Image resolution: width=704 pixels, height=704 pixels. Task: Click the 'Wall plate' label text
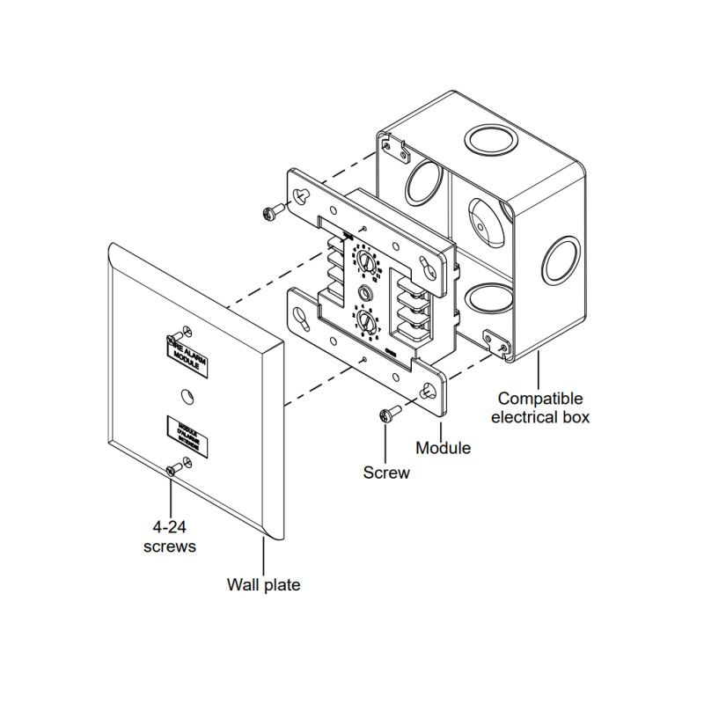[x=263, y=584]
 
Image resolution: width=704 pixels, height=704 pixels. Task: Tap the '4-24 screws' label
[x=169, y=536]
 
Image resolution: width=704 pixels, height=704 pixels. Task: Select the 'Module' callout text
[x=443, y=448]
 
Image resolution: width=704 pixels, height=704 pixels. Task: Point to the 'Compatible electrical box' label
[x=540, y=407]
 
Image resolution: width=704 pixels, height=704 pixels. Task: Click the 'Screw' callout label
[x=386, y=473]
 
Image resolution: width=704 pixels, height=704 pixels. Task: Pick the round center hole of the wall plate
[x=186, y=396]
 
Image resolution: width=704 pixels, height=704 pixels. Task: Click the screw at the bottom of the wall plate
[x=176, y=470]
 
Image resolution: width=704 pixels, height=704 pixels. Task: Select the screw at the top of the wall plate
[x=182, y=334]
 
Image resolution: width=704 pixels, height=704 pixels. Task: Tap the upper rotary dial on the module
[x=364, y=261]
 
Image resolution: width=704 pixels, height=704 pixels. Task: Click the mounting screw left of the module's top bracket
[x=276, y=211]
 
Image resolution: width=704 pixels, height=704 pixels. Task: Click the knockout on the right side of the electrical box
[x=559, y=260]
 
